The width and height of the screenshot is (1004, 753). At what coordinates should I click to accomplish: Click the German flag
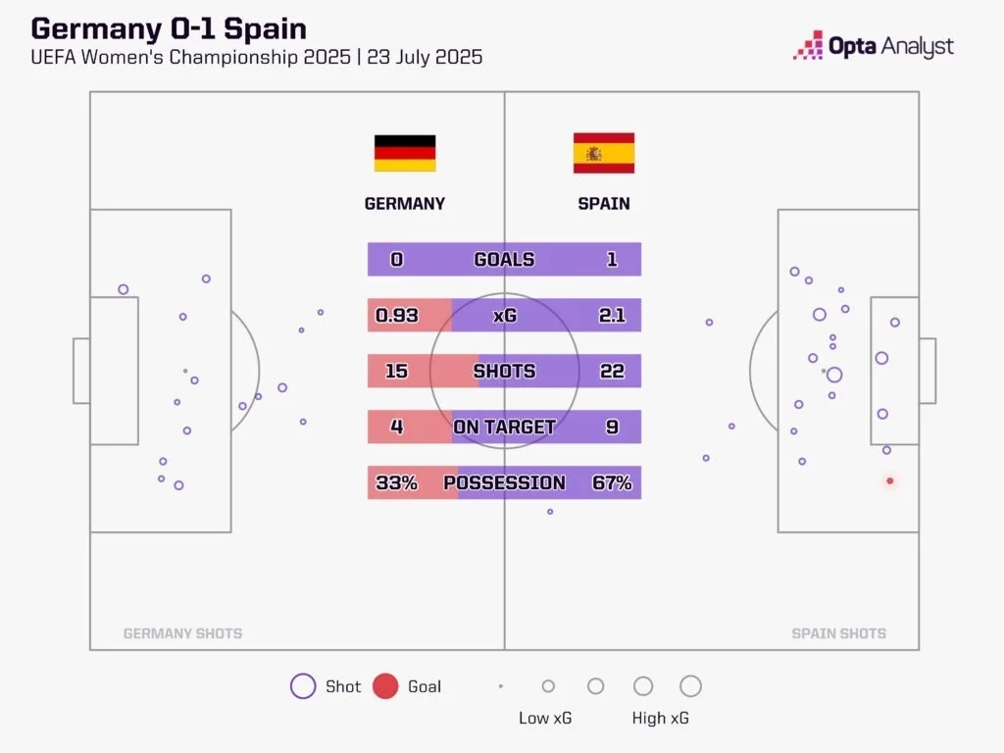[x=404, y=154]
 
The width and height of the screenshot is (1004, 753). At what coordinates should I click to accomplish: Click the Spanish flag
[x=604, y=153]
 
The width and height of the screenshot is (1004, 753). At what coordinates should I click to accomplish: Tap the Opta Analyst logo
[x=874, y=45]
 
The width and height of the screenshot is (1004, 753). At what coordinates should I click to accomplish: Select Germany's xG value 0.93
[x=397, y=316]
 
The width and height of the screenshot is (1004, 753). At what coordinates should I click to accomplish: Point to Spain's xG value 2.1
[x=611, y=316]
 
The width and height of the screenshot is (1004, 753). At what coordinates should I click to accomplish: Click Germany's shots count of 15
[x=396, y=372]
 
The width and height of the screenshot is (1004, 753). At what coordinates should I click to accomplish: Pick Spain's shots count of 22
[x=611, y=372]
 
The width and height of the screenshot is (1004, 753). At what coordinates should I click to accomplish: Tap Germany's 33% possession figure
[x=396, y=482]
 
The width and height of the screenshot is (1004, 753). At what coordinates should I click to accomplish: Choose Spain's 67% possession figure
[x=612, y=482]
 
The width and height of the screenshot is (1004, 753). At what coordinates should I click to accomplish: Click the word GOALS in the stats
[x=504, y=260]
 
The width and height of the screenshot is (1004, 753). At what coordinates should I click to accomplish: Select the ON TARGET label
[x=504, y=427]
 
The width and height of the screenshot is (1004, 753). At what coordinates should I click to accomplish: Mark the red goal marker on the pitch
[x=890, y=480]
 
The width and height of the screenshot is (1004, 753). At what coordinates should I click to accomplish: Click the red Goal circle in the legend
[x=385, y=686]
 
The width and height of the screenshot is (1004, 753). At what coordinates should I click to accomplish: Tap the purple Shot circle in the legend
[x=303, y=686]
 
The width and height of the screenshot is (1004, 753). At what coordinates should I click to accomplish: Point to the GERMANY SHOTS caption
[x=182, y=633]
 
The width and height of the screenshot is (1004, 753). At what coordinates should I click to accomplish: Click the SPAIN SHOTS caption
[x=838, y=633]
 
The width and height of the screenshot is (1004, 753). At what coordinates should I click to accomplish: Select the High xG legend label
[x=660, y=718]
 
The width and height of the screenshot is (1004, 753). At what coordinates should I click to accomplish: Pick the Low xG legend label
[x=544, y=718]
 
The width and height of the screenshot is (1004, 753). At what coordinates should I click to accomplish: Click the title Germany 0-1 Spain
[x=169, y=27]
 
